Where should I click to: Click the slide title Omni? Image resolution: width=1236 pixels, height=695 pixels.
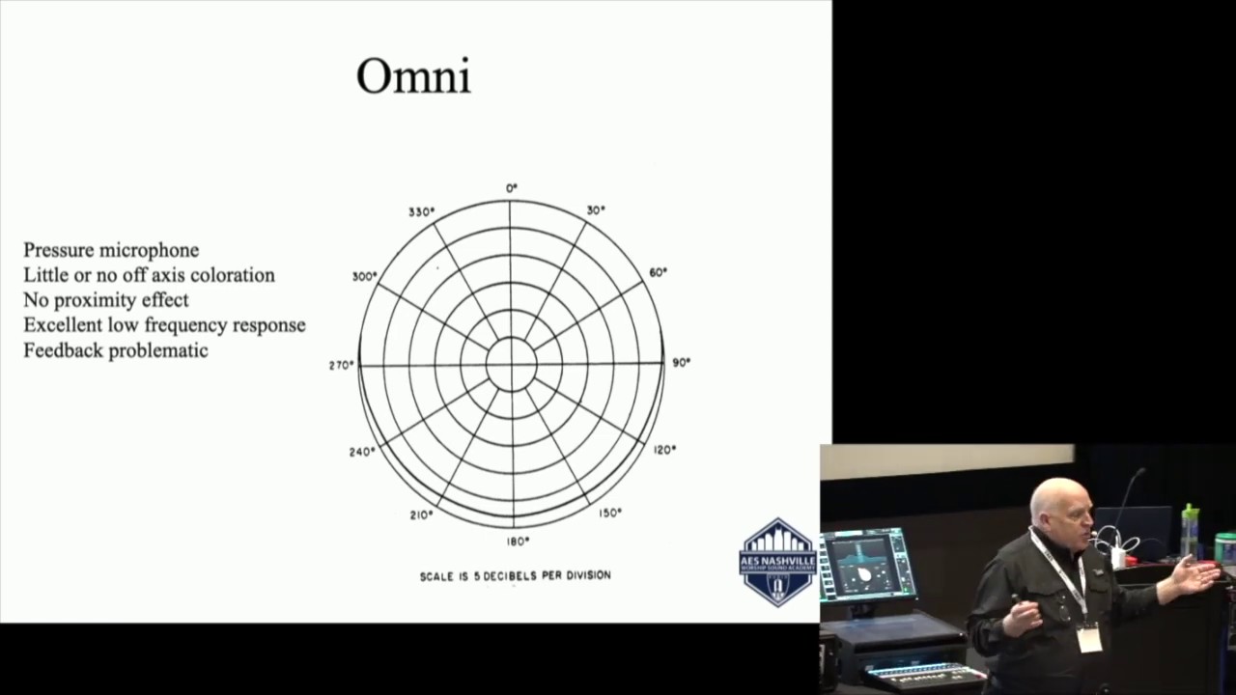413,75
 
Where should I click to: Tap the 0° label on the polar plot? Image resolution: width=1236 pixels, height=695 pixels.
512,187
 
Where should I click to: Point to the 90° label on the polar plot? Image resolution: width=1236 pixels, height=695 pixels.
682,362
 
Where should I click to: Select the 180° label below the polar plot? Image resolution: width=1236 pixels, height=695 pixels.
519,542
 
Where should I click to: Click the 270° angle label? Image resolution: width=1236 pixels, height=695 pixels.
342,365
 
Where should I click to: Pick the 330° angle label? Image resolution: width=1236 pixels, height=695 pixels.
421,211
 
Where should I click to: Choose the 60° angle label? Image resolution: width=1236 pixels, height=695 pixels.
658,272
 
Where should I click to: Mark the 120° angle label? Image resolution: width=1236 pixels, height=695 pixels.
664,449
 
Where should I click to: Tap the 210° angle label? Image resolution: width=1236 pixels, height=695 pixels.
421,514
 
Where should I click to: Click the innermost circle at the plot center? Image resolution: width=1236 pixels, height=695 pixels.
511,365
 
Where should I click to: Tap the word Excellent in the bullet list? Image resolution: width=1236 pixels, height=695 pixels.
63,325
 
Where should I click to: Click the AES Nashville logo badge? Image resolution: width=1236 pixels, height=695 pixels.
777,562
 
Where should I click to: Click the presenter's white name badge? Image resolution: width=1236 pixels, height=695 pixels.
1090,638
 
